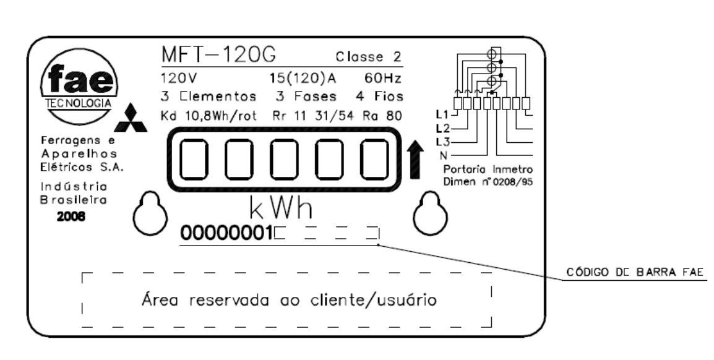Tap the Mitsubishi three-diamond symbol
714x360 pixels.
coord(131,118)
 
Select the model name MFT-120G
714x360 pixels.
coord(219,55)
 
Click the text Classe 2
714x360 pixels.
coord(368,57)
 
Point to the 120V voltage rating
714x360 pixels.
coord(179,79)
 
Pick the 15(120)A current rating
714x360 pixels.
coord(303,79)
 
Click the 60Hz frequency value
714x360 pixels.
coord(382,79)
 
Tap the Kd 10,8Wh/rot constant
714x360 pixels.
coord(209,116)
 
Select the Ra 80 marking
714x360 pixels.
coord(382,116)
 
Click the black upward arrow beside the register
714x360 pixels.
coord(415,160)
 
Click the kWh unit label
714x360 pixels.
coord(281,208)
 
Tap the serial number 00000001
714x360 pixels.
coord(226,233)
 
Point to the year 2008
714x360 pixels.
coord(71,216)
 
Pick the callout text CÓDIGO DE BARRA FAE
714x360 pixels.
coord(635,272)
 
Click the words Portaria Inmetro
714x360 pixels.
coord(488,169)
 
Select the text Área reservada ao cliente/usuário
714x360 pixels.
coord(289,300)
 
